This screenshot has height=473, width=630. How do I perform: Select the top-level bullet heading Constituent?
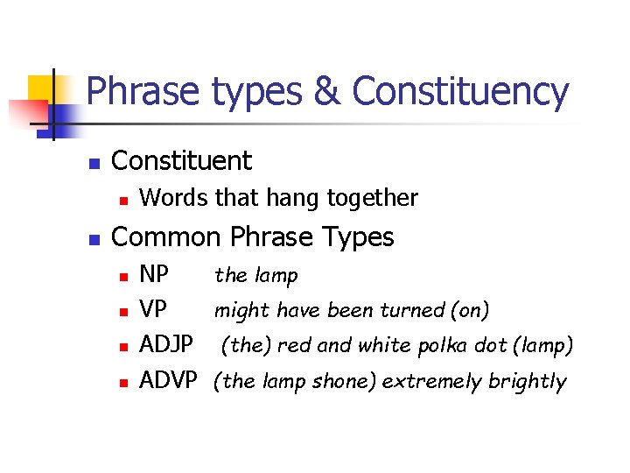pyautogui.click(x=182, y=161)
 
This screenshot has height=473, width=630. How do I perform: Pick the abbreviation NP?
pyautogui.click(x=155, y=275)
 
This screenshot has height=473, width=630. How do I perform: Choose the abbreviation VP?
pyautogui.click(x=154, y=310)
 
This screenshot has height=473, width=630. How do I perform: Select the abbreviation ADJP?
pyautogui.click(x=166, y=345)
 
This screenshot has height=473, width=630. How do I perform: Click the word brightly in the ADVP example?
pyautogui.click(x=532, y=381)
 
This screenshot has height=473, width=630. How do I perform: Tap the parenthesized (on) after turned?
pyautogui.click(x=472, y=310)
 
